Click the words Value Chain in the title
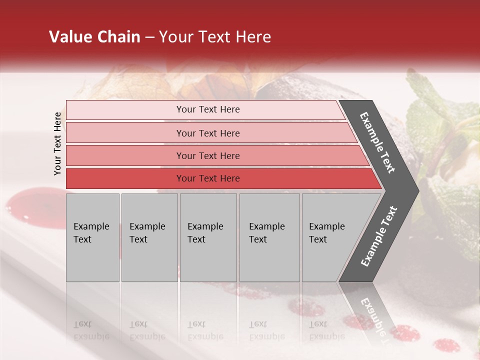click(94, 37)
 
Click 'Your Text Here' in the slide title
click(215, 37)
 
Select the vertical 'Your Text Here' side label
click(57, 143)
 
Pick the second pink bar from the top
click(207, 133)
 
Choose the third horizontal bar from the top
click(207, 155)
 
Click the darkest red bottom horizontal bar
click(207, 178)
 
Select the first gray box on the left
click(92, 237)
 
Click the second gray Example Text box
click(149, 237)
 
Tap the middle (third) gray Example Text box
click(208, 237)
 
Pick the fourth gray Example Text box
click(269, 237)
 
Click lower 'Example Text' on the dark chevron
click(379, 236)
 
